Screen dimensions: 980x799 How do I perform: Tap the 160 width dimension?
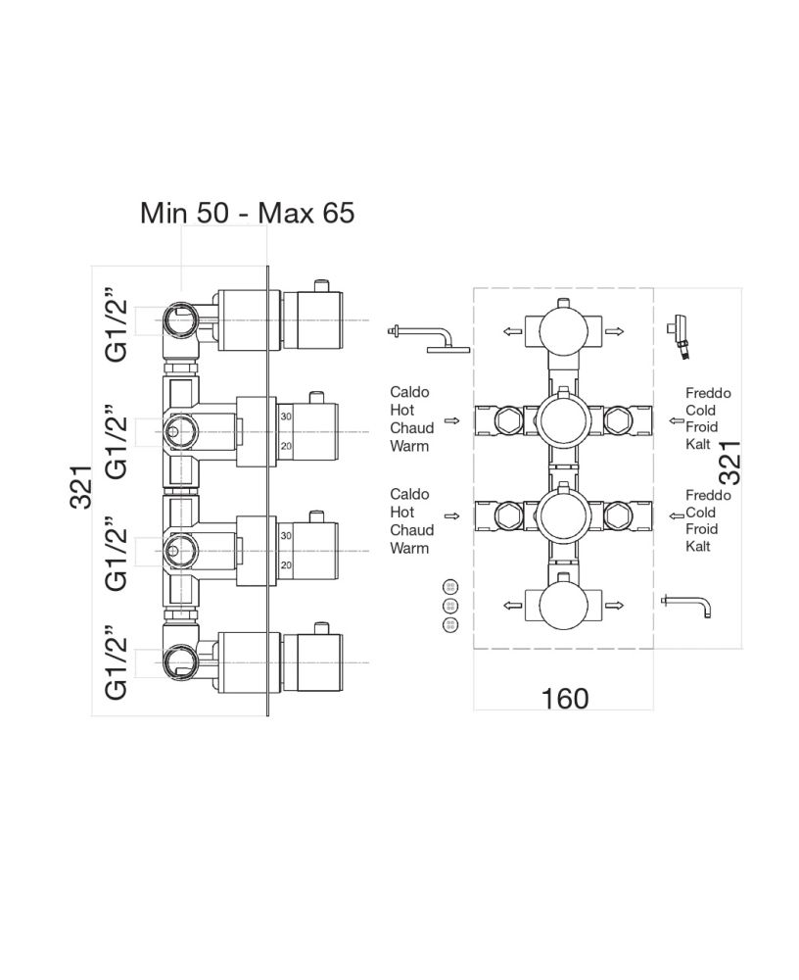pos(565,699)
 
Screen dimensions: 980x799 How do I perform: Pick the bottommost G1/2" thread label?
pos(117,663)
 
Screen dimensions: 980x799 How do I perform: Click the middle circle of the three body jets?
pos(450,605)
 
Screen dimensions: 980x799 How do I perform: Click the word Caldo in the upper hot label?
pos(409,392)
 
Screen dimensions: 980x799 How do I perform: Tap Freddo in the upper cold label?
pos(708,393)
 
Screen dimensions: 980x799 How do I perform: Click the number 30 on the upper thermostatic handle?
pos(286,417)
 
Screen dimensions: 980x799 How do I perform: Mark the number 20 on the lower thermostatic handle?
pos(286,565)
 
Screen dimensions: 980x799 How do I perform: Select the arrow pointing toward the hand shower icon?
pos(614,332)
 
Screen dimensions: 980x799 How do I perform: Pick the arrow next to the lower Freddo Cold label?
pos(675,514)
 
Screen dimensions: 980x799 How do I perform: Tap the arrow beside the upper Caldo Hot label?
pos(451,420)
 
